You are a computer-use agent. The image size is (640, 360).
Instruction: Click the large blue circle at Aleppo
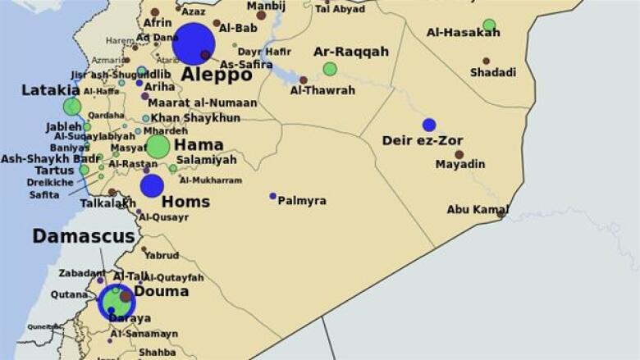[x=194, y=43]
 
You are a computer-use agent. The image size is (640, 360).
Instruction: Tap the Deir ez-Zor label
[x=423, y=140]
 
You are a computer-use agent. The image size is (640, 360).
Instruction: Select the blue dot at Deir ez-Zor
[x=429, y=125]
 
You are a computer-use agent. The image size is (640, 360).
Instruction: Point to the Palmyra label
[x=302, y=200]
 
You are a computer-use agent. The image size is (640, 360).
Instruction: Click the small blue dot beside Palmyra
[x=273, y=196]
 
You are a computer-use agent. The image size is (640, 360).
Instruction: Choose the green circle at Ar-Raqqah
[x=330, y=69]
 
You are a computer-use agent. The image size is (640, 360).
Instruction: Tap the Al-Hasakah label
[x=464, y=33]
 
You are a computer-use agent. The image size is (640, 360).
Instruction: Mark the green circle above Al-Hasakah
[x=489, y=25]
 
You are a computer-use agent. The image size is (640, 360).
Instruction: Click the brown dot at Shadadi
[x=486, y=61]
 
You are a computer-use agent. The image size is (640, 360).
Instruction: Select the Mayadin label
[x=459, y=164]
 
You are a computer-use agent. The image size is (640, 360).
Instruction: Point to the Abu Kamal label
[x=478, y=209]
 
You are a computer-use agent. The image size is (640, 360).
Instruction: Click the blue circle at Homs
[x=152, y=186]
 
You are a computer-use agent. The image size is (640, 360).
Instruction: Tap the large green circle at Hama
[x=158, y=147]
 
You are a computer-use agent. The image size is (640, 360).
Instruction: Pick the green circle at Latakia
[x=72, y=107]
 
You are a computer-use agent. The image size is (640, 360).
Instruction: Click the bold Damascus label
[x=84, y=236]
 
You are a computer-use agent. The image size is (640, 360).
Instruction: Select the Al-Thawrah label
[x=322, y=90]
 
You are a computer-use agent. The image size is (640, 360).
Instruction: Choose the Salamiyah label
[x=206, y=160]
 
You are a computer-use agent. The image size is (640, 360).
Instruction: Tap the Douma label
[x=161, y=291]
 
